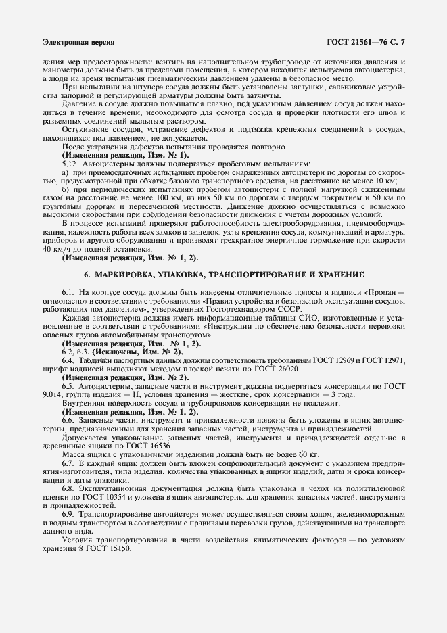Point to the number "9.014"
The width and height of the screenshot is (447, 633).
pos(52,394)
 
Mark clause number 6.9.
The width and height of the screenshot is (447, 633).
pos(68,514)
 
